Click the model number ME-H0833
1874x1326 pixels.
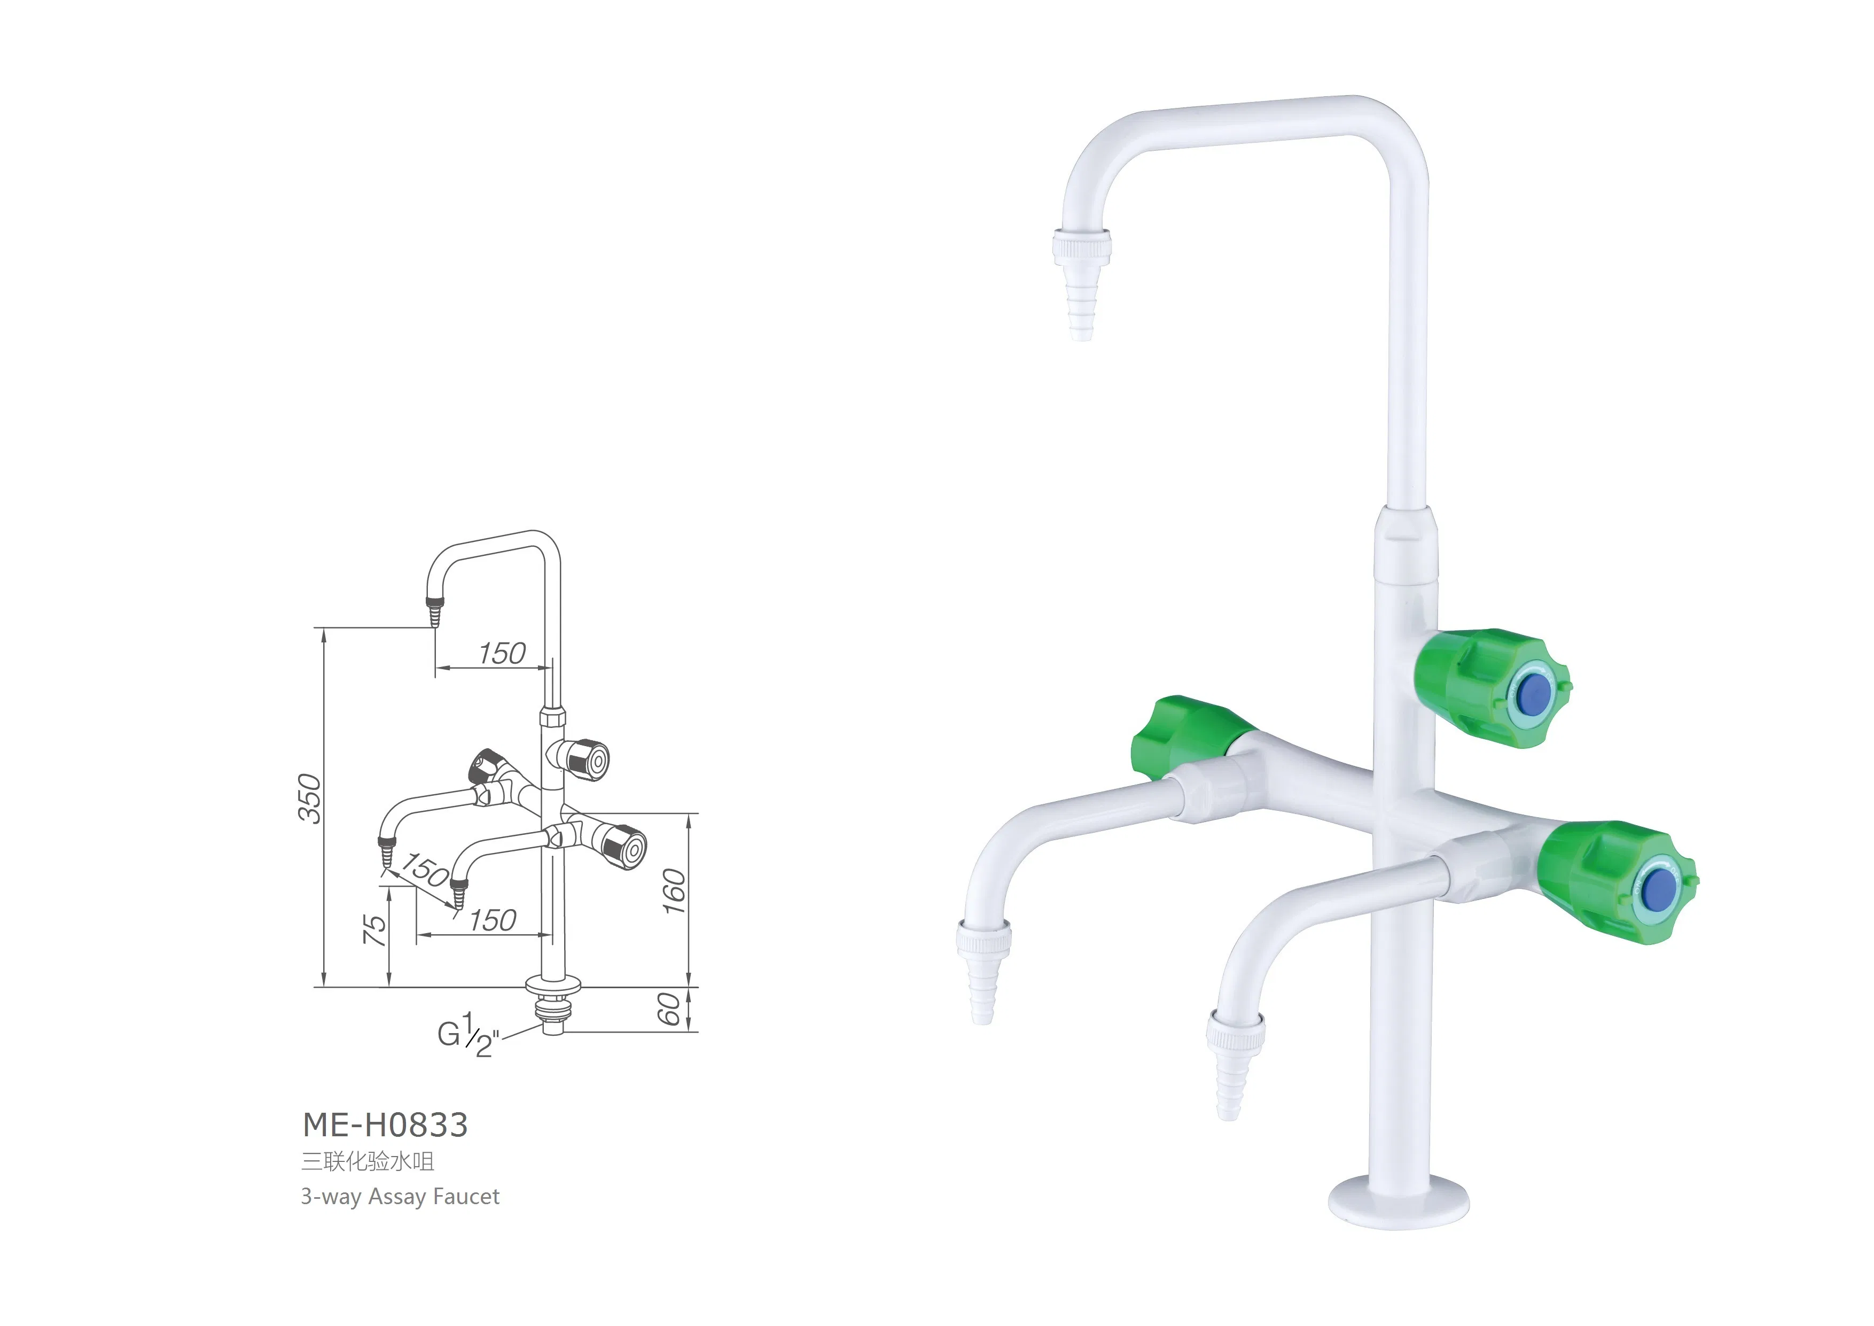coord(385,1125)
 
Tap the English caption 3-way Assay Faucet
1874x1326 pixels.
coord(400,1197)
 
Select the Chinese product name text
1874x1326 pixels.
coord(368,1161)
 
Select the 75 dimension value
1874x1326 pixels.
coord(374,930)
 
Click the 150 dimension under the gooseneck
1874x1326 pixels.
coord(502,653)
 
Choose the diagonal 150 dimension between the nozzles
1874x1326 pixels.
coord(424,869)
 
